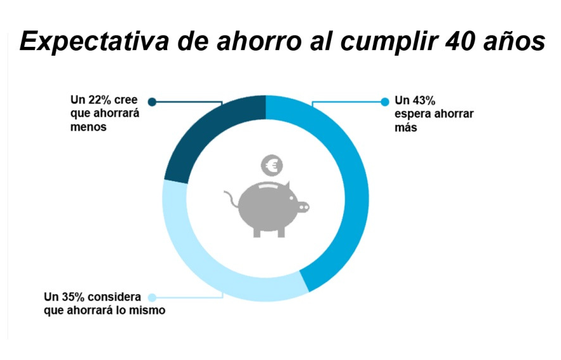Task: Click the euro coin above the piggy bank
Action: pos(273,166)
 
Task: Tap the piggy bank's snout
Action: pos(303,207)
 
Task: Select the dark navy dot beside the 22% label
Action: pos(151,101)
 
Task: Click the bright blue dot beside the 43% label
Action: pos(384,101)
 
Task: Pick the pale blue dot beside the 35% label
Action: pos(152,297)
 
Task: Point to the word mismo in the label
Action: pos(148,311)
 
